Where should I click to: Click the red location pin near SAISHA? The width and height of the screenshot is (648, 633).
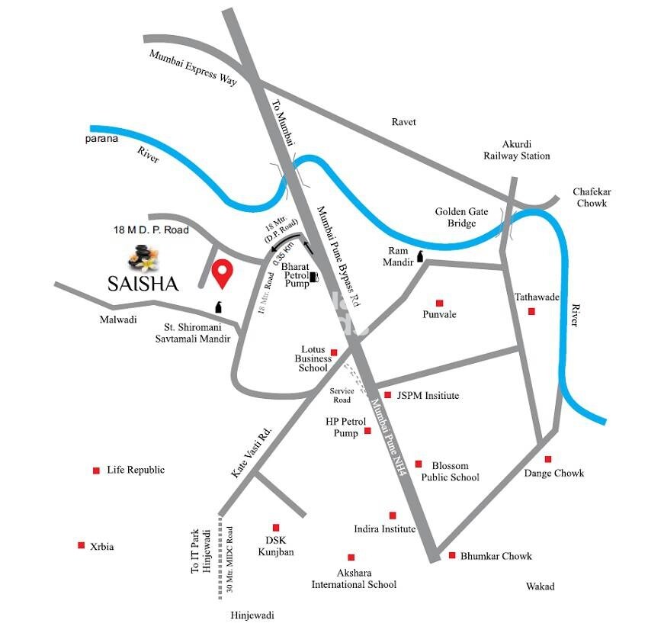point(222,273)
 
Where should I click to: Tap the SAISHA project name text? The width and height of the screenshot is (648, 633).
point(143,284)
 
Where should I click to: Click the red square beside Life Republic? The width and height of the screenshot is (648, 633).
point(96,471)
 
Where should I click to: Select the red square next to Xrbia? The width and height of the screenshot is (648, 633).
point(81,545)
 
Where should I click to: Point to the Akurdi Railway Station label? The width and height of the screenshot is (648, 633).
point(515,149)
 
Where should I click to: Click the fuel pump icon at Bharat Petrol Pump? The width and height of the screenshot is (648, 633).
point(313,278)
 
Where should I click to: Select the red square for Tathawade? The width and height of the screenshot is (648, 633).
point(531,311)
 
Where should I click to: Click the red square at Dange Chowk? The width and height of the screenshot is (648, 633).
point(547,459)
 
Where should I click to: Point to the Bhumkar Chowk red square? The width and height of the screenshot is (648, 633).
point(451,555)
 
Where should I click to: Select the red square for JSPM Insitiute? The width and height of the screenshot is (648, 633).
point(387,395)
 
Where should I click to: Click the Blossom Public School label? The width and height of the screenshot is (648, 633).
point(455,471)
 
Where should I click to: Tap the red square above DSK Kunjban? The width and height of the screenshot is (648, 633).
point(276,527)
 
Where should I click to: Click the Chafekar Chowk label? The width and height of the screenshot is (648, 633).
point(592,198)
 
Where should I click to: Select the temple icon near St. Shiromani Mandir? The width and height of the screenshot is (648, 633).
point(219,307)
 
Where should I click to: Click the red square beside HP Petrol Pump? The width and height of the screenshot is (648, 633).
point(367,431)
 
